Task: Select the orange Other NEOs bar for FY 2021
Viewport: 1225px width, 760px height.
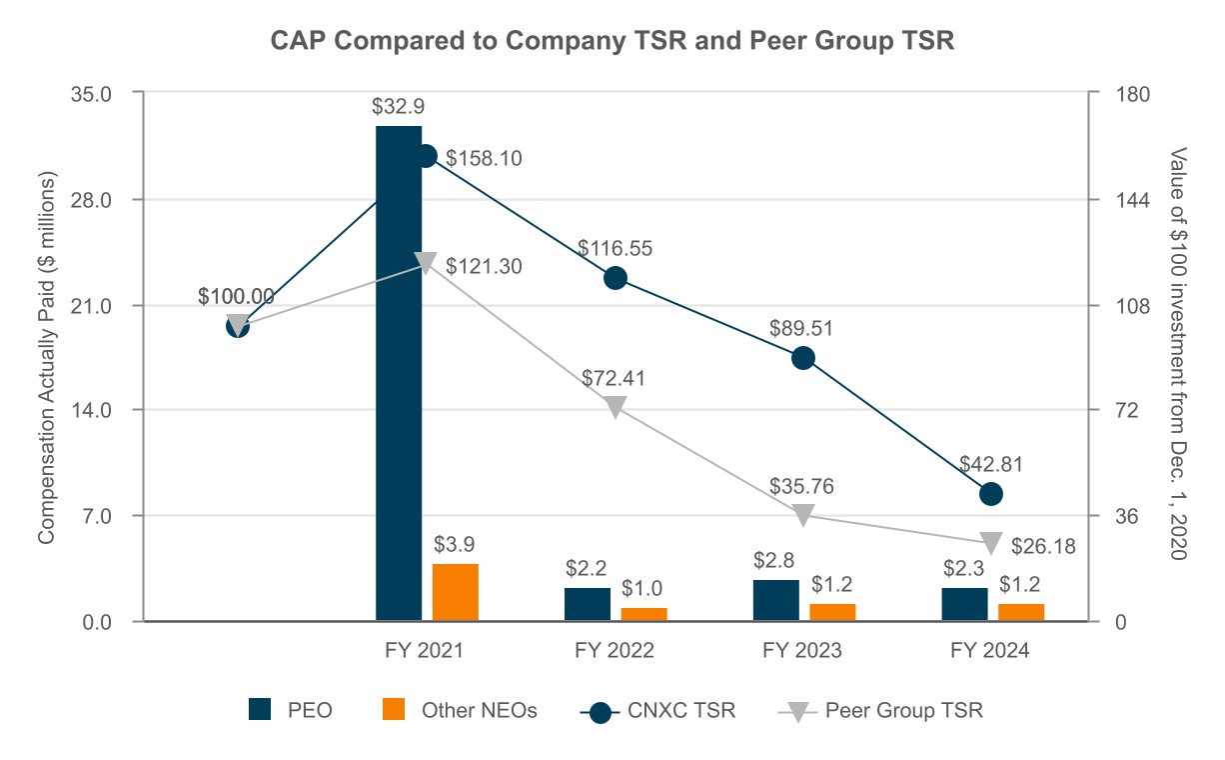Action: [x=455, y=592]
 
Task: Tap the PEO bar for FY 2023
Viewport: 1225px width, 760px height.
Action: [x=775, y=600]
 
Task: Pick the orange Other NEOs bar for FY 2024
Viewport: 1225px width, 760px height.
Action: [x=1020, y=612]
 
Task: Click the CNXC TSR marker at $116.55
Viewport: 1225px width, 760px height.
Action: [x=615, y=278]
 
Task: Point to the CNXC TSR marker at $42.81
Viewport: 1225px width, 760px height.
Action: [x=991, y=493]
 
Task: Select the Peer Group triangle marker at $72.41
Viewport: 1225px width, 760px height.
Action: [x=615, y=407]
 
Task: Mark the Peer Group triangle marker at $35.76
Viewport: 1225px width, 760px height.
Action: [x=803, y=515]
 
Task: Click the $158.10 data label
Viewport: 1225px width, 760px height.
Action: [x=484, y=158]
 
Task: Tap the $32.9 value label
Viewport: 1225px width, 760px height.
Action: [x=398, y=107]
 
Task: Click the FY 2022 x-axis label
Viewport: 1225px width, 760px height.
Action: [x=614, y=651]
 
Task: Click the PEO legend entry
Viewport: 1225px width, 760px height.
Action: [x=291, y=711]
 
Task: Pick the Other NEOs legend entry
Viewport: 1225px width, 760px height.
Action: [x=461, y=711]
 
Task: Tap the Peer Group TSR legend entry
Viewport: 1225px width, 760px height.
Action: [x=880, y=711]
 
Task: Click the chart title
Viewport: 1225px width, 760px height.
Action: [x=612, y=42]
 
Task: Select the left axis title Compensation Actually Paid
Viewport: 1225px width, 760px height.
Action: [x=46, y=357]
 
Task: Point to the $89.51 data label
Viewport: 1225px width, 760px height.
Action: [x=800, y=328]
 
